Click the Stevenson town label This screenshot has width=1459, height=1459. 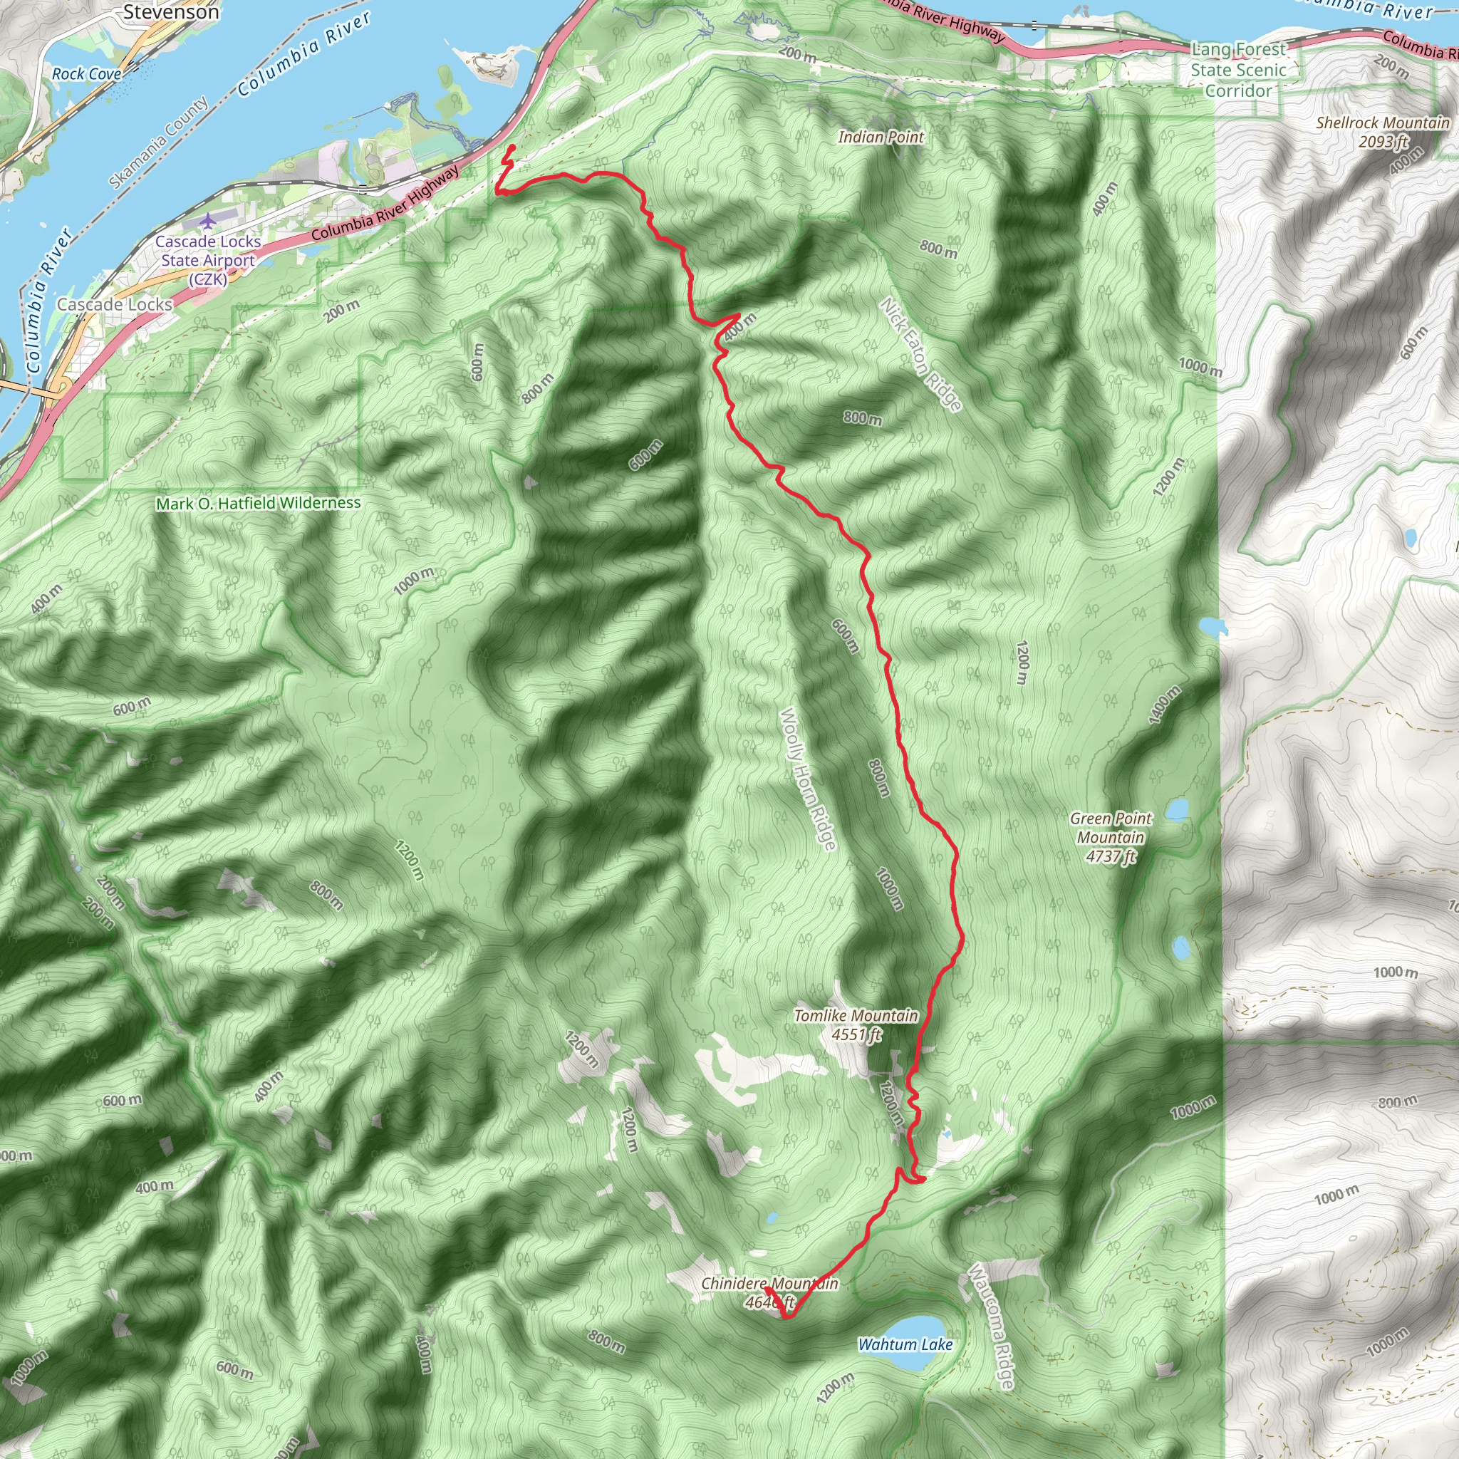tap(171, 12)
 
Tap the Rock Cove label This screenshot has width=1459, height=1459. tap(86, 74)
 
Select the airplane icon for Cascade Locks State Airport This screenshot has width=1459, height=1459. tap(208, 222)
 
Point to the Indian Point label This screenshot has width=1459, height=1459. tap(881, 137)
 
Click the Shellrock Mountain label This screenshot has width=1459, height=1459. tap(1382, 131)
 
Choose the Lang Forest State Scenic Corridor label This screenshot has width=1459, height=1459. tap(1237, 71)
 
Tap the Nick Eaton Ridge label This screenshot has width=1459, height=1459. tap(920, 355)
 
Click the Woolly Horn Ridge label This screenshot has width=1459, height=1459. tap(808, 779)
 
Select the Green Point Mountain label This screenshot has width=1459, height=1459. tap(1110, 837)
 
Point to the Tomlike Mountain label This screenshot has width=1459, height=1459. tap(856, 1024)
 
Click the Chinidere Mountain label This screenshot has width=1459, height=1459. tap(769, 1292)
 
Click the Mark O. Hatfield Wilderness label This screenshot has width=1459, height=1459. tap(259, 503)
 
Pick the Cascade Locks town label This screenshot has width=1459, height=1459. tap(115, 304)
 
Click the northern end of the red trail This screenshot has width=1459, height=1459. tap(514, 146)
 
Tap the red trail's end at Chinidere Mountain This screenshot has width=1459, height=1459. tap(767, 1289)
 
